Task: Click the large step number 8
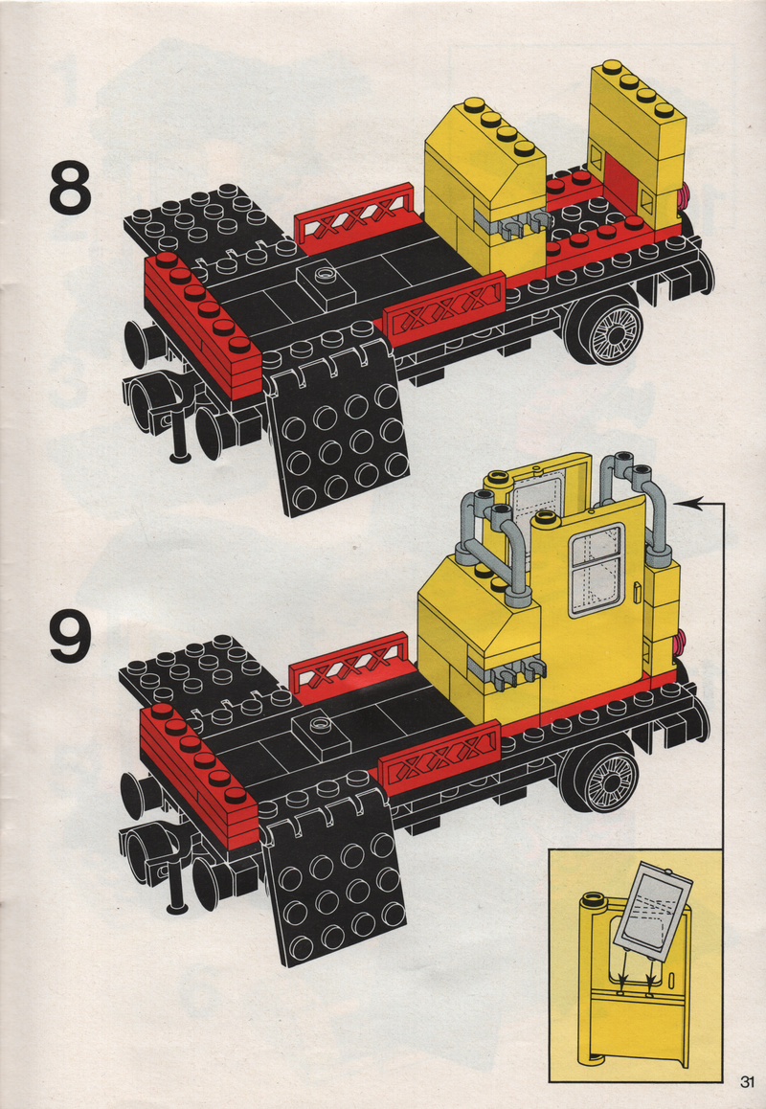pyautogui.click(x=71, y=188)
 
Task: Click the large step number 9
pyautogui.click(x=71, y=636)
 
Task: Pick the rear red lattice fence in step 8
pyautogui.click(x=353, y=217)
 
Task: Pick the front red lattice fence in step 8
pyautogui.click(x=443, y=309)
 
